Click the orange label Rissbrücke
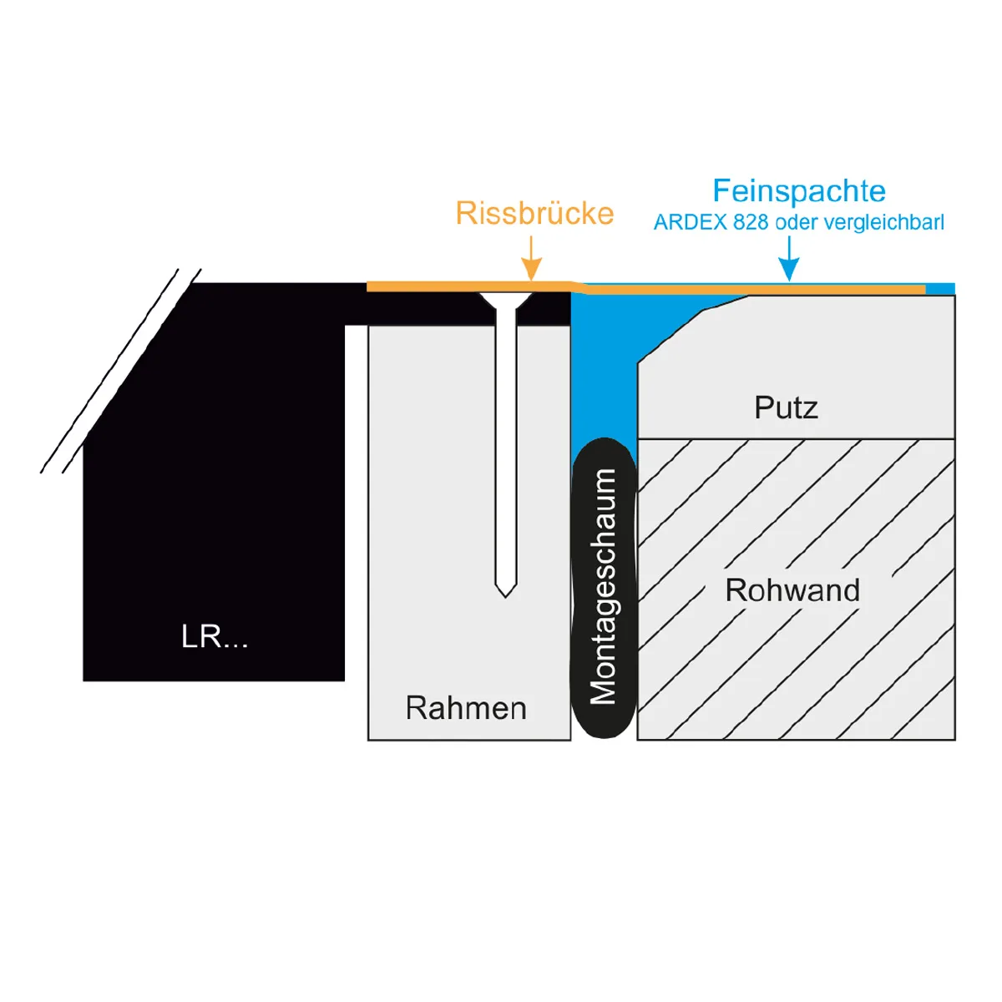point(534,214)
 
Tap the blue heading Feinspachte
point(799,191)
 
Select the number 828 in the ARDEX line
point(751,223)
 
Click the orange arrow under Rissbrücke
point(531,258)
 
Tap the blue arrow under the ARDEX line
point(789,258)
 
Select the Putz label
point(787,407)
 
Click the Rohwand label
point(792,590)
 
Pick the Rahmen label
point(466,708)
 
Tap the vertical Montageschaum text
point(604,586)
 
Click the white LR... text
point(215,636)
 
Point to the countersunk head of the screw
point(505,301)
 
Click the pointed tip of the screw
point(505,597)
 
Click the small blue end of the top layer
point(940,289)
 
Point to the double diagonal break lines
point(121,372)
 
